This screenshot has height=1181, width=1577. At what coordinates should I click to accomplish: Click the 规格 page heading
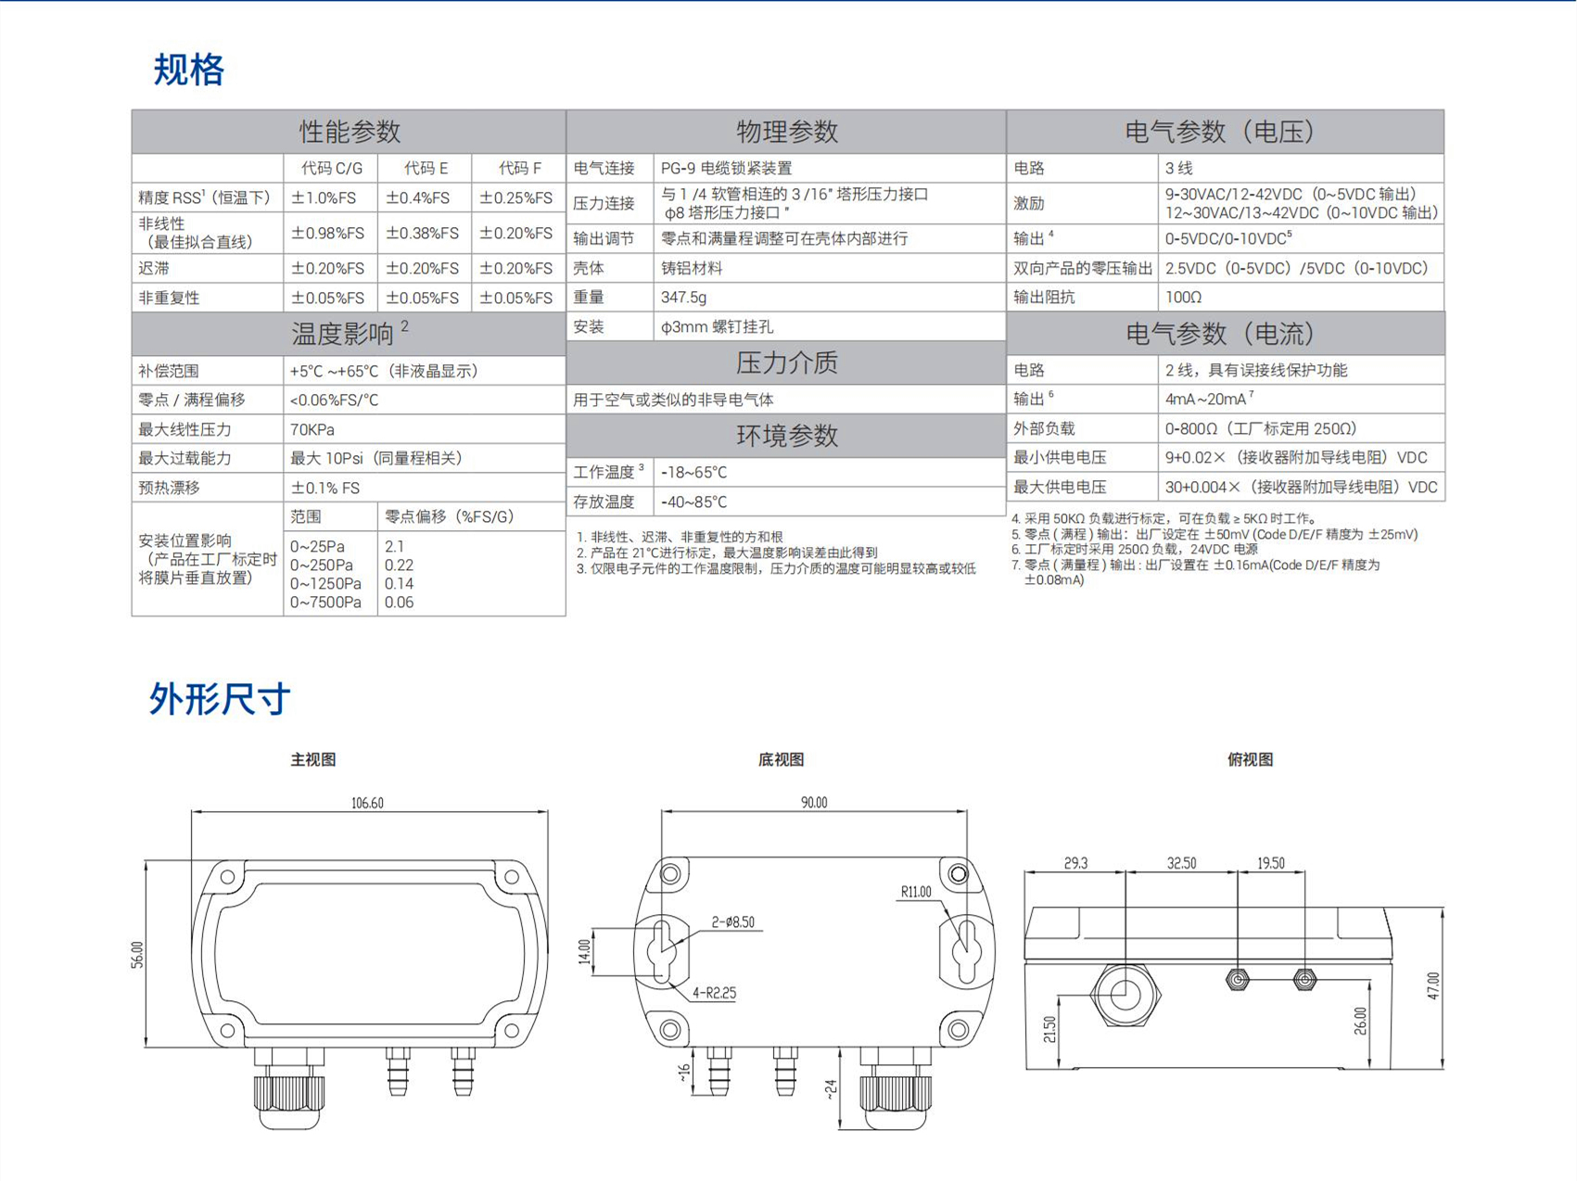point(189,70)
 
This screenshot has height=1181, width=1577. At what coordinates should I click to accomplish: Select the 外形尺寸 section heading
point(220,698)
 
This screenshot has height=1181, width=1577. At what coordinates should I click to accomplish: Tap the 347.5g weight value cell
point(683,298)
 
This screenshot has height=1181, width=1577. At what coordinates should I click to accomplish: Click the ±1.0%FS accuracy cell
point(324,198)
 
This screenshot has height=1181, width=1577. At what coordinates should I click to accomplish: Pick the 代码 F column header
point(519,169)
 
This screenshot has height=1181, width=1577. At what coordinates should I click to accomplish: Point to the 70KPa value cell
point(312,429)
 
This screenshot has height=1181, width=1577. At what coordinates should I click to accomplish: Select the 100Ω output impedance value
point(1183,298)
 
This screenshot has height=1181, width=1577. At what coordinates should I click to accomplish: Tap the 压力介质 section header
point(786,362)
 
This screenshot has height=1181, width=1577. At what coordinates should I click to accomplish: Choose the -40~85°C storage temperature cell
point(693,502)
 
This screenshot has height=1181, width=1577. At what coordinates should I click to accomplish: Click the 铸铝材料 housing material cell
point(691,268)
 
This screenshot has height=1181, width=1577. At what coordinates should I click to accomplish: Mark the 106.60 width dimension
point(367,803)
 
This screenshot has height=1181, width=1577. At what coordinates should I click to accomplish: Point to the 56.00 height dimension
point(137,955)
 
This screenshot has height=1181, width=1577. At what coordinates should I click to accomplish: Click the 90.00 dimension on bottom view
point(814,803)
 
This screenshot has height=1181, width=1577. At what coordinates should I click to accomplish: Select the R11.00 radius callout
point(915,892)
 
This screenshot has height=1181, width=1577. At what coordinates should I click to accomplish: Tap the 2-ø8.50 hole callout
point(732,922)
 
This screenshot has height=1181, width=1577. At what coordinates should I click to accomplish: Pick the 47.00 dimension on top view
point(1433,985)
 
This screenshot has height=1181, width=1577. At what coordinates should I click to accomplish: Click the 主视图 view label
point(313,760)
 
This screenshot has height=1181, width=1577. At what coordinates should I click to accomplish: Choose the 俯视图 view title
point(1250,760)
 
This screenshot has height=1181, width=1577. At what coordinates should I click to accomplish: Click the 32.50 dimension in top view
point(1181,863)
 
